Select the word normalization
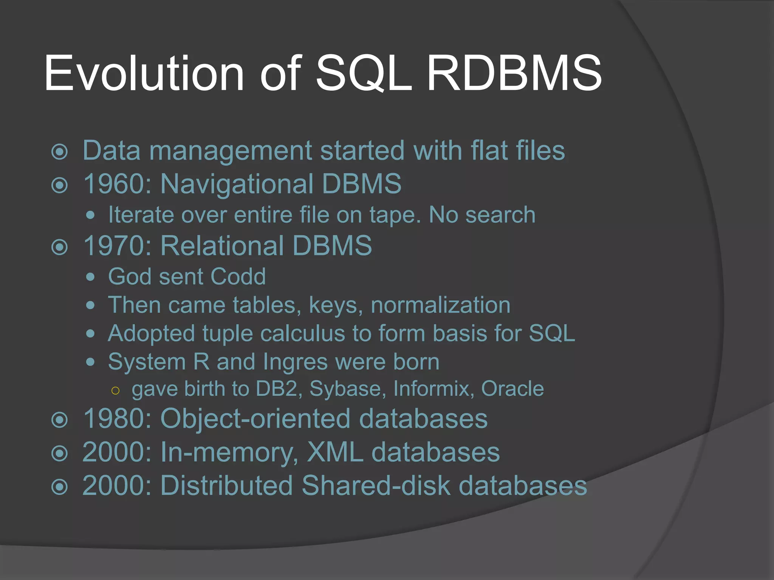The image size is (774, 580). (x=441, y=305)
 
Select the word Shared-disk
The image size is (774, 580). (x=376, y=485)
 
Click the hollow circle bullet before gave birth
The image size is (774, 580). (x=116, y=391)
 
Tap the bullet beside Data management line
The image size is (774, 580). (x=59, y=152)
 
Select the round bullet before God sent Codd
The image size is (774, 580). (x=90, y=277)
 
